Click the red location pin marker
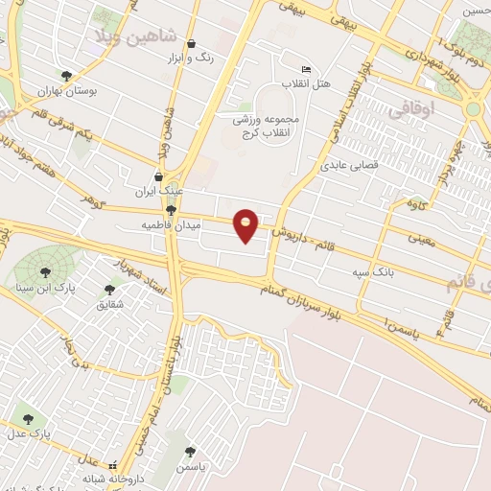click(246, 224)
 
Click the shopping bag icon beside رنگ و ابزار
click(192, 44)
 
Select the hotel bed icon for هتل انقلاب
click(307, 69)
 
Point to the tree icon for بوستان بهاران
click(66, 75)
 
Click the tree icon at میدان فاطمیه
click(172, 210)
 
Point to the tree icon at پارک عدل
click(27, 419)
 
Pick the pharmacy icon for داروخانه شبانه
click(113, 461)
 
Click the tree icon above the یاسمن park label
click(190, 450)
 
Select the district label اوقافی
click(411, 110)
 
